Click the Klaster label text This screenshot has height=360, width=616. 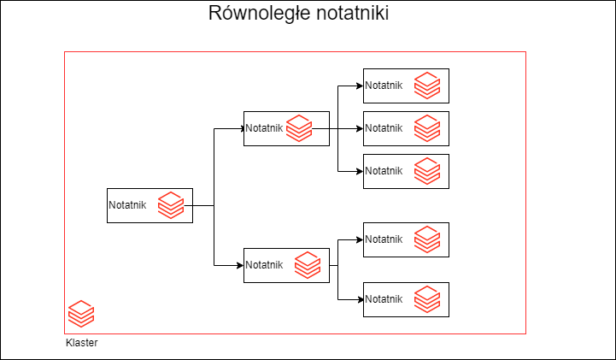[81, 343]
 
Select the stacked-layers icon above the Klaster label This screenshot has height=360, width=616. [81, 314]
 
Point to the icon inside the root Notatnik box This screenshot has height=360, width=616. [171, 205]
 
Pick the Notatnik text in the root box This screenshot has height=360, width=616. [127, 205]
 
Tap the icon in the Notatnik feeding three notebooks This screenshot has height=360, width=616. [299, 128]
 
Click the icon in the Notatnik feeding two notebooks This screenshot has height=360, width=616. [308, 265]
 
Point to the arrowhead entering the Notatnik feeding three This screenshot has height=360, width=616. [240, 128]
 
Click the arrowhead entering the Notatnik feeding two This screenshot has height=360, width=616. [240, 265]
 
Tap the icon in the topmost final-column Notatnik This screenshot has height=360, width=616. [427, 86]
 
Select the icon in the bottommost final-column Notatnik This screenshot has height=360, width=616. [427, 299]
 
